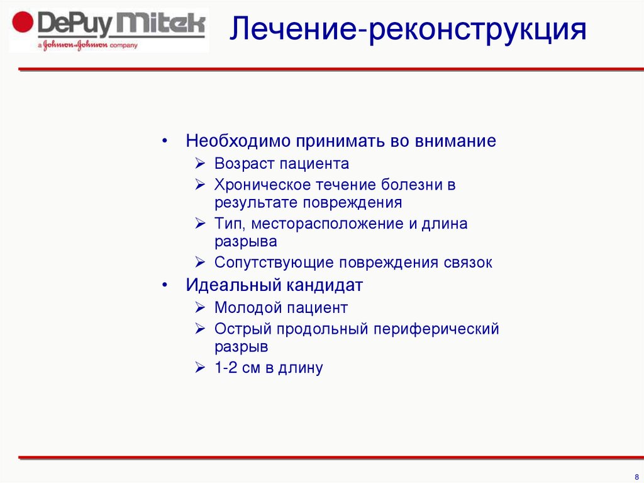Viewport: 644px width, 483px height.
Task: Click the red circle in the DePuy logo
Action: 23,25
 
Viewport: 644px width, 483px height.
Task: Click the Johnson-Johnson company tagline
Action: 87,45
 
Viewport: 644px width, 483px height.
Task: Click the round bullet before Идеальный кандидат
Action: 164,285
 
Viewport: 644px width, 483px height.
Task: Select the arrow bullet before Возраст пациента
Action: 199,164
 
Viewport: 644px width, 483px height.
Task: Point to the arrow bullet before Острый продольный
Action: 199,329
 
